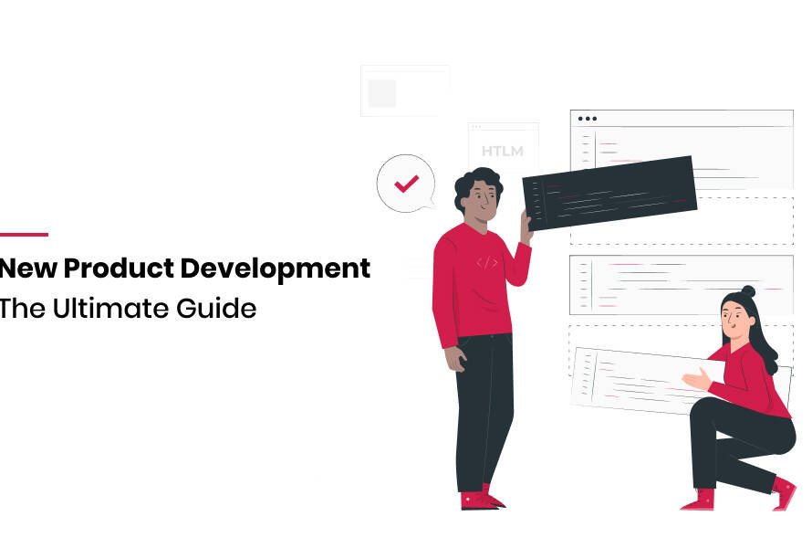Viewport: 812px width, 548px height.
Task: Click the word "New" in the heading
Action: tap(28, 268)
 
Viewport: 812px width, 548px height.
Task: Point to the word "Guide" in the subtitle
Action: tap(216, 308)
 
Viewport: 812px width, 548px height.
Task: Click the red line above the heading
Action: tap(24, 235)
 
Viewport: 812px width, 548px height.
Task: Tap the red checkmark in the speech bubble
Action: tap(407, 184)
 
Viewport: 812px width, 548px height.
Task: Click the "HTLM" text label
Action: tap(503, 151)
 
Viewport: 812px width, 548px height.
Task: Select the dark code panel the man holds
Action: tap(609, 193)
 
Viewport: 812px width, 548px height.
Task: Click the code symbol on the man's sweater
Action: tap(487, 263)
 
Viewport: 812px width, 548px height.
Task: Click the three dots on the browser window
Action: tap(588, 119)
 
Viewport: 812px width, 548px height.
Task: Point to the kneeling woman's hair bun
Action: tap(748, 290)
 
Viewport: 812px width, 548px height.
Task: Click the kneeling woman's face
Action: tap(735, 319)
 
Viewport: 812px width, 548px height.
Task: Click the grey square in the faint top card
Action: tap(382, 93)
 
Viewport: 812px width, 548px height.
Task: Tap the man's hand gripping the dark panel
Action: tap(526, 226)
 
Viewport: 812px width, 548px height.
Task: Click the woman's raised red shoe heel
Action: tap(784, 492)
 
